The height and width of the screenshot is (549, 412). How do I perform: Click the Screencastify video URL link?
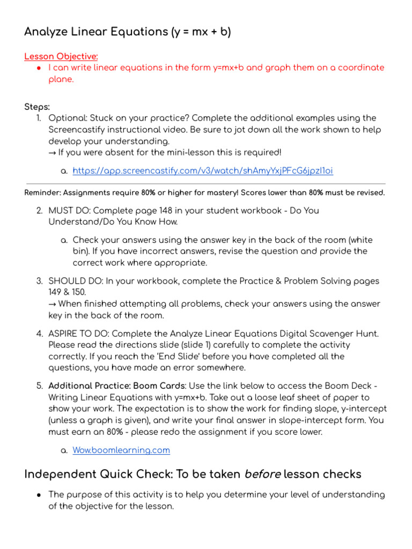(x=203, y=170)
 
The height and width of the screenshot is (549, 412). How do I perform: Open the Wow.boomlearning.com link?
(x=121, y=450)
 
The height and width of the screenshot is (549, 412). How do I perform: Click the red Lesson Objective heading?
(x=61, y=56)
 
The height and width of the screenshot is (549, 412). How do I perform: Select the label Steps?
(x=37, y=107)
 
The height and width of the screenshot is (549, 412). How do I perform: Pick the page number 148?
(x=166, y=211)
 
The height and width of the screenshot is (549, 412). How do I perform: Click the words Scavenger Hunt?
(x=345, y=333)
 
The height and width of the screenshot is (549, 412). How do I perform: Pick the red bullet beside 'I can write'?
(x=39, y=68)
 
